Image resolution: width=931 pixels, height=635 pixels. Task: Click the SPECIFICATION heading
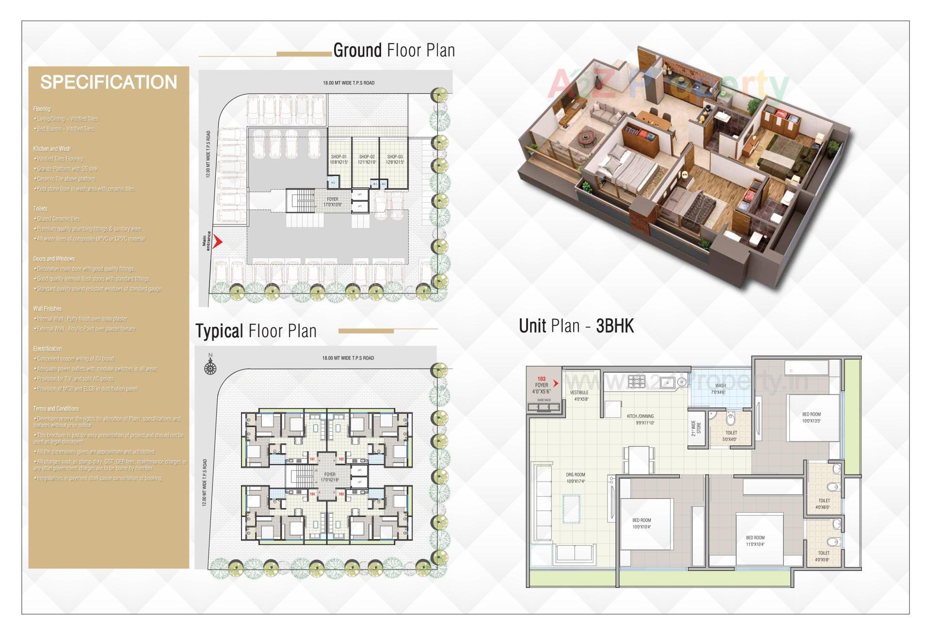[109, 82]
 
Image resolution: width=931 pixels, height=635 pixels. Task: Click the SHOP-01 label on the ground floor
[339, 157]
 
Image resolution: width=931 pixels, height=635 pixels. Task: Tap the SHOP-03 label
[395, 157]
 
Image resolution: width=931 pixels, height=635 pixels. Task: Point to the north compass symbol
[210, 367]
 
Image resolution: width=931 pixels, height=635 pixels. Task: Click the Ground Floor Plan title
[394, 50]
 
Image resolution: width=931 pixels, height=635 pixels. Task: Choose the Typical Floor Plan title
[256, 331]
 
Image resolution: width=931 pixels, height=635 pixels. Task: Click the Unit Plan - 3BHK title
[576, 326]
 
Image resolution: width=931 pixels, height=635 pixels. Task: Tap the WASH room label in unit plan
[721, 386]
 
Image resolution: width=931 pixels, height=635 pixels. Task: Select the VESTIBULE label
[579, 392]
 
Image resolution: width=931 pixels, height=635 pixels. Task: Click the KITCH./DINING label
[640, 416]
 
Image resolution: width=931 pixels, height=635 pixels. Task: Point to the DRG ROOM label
[576, 475]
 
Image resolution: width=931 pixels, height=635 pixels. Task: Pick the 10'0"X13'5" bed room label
[811, 418]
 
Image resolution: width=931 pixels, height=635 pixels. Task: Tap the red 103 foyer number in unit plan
[542, 379]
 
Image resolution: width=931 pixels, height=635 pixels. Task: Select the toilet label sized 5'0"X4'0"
[731, 436]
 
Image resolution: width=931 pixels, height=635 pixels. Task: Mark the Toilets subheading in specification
[40, 209]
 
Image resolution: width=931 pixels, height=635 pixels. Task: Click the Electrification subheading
[48, 349]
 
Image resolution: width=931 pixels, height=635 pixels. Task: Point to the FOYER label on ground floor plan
[333, 199]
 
